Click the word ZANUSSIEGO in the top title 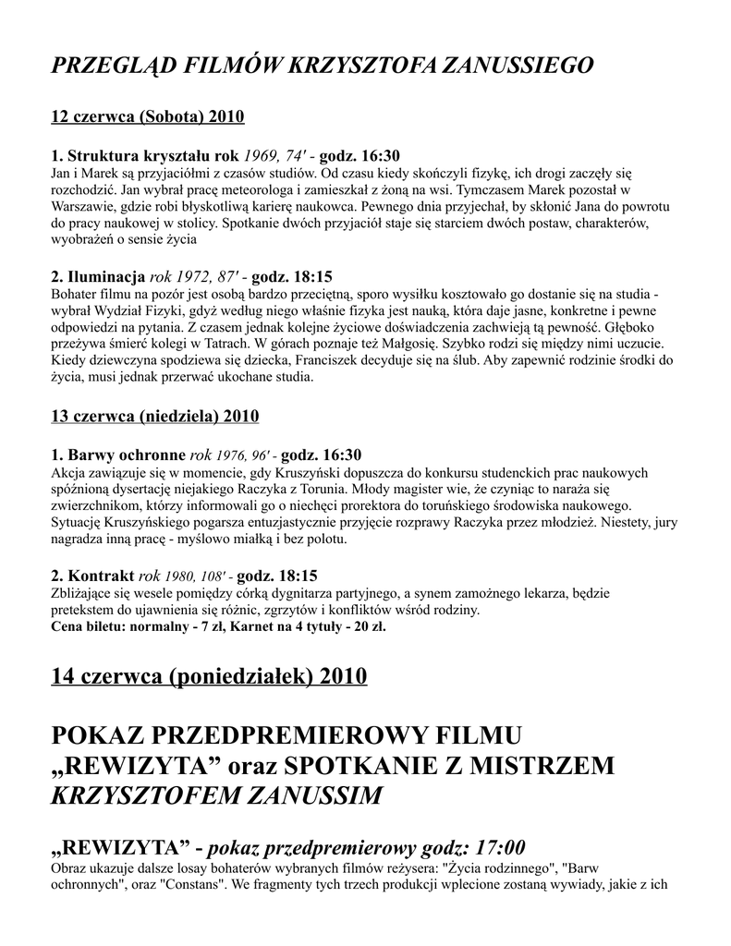[x=518, y=66]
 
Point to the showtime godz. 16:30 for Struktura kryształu [x=364, y=155]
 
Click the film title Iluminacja [x=105, y=276]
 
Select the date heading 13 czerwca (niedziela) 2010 [x=154, y=416]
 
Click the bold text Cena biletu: [x=91, y=625]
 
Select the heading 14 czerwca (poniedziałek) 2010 [x=209, y=676]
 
